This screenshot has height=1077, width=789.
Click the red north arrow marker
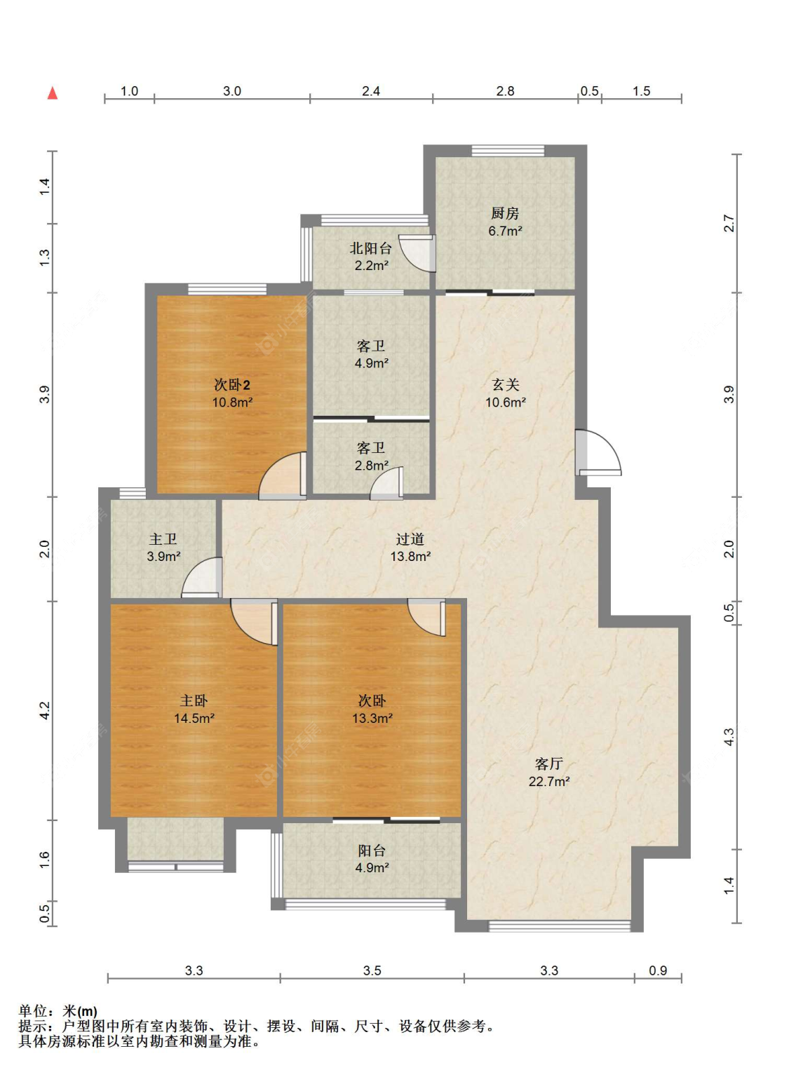[53, 93]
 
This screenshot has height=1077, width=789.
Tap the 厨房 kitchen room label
[505, 212]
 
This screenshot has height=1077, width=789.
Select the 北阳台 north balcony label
[370, 248]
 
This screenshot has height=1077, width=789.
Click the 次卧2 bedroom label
[231, 385]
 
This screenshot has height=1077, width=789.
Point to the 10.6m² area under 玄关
[506, 402]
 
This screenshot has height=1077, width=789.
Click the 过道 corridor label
[410, 539]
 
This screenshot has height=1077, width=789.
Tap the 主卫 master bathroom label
[163, 539]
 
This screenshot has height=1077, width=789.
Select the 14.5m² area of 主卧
[194, 718]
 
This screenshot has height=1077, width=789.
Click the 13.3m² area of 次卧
[372, 718]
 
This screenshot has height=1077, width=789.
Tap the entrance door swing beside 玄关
[599, 453]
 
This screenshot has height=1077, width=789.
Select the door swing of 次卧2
[283, 476]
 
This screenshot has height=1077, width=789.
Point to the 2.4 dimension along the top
[371, 91]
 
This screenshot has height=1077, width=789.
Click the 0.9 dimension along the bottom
[658, 970]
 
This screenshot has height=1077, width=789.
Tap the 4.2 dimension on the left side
[44, 710]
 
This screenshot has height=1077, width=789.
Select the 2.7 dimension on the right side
[729, 224]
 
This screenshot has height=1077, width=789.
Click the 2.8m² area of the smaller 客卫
[372, 465]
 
